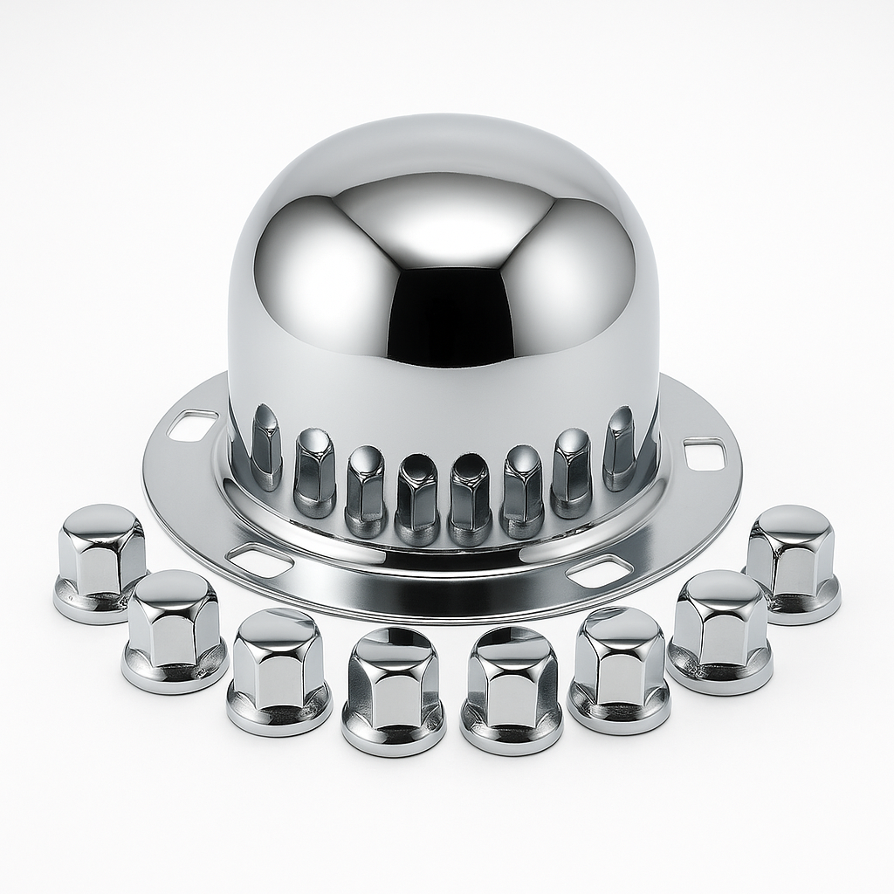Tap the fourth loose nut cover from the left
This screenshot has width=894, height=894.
[x=393, y=690]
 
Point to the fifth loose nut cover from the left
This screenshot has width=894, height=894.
[x=512, y=690]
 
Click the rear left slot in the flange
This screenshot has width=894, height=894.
[x=193, y=424]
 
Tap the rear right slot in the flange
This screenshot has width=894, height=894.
[x=705, y=453]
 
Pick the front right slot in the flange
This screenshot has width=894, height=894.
[x=599, y=570]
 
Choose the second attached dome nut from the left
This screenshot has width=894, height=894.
[x=314, y=472]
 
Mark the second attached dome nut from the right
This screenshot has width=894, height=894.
[x=572, y=471]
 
